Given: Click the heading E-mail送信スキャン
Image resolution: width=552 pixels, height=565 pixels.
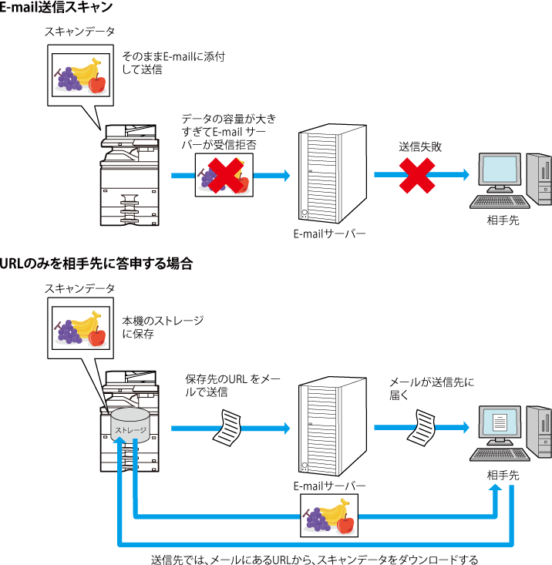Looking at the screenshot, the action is pyautogui.click(x=56, y=7).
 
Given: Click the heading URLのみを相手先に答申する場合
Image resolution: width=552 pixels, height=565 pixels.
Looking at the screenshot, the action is pyautogui.click(x=96, y=264).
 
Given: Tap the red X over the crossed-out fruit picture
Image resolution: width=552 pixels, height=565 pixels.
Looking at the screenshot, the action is pyautogui.click(x=226, y=176).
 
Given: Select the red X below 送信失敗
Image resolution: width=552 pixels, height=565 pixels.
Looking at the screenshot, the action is pyautogui.click(x=417, y=176).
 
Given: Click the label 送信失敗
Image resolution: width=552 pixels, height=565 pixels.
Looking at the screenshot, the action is pyautogui.click(x=420, y=146).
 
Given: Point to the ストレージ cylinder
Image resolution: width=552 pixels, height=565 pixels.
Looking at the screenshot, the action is pyautogui.click(x=130, y=425).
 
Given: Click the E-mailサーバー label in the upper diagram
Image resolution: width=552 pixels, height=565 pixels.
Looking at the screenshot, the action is pyautogui.click(x=329, y=234).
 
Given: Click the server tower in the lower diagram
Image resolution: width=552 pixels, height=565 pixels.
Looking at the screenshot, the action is pyautogui.click(x=332, y=426).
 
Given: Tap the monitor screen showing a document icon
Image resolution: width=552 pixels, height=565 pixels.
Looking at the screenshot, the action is pyautogui.click(x=500, y=422).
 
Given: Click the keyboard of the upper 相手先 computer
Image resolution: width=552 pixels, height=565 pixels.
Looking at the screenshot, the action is pyautogui.click(x=500, y=202).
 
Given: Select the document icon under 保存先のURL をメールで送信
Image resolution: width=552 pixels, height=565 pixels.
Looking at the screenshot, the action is pyautogui.click(x=227, y=428).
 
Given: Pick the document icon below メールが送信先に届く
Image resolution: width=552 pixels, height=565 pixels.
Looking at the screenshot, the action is pyautogui.click(x=421, y=428).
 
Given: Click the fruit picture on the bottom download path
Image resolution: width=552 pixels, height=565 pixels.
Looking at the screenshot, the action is pyautogui.click(x=329, y=515).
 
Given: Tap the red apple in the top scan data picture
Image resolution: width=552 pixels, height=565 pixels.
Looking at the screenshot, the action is pyautogui.click(x=97, y=83).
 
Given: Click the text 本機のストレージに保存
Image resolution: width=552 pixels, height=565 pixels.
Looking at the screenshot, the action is pyautogui.click(x=163, y=327).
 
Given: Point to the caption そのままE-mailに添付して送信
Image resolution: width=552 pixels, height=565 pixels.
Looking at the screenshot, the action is pyautogui.click(x=173, y=62).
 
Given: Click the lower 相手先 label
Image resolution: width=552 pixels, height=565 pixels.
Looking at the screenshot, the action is pyautogui.click(x=503, y=476).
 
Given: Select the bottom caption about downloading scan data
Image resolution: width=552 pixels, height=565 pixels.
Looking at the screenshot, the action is pyautogui.click(x=315, y=560).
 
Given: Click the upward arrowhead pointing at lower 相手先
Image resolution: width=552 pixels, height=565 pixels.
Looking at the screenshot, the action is pyautogui.click(x=496, y=488).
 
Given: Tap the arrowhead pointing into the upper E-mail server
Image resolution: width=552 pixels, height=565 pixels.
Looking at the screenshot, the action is pyautogui.click(x=287, y=176).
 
